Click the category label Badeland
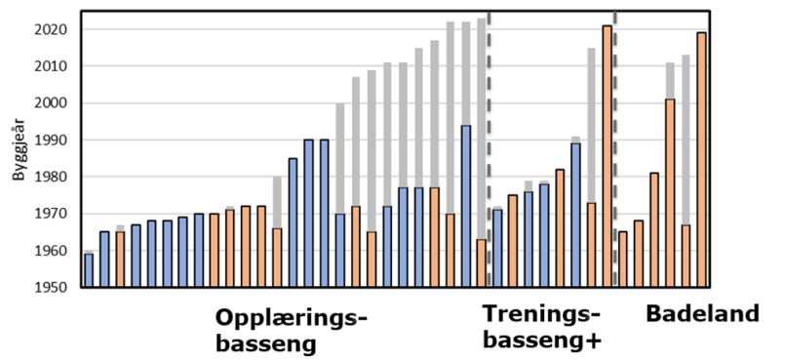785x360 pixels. click(702, 314)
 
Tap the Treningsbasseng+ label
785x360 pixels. click(542, 328)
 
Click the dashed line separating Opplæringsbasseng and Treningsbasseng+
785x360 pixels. click(489, 146)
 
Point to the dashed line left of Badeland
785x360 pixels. click(615, 146)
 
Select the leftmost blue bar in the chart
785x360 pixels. click(89, 270)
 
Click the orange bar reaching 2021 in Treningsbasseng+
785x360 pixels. click(607, 156)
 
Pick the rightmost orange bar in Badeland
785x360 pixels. click(701, 160)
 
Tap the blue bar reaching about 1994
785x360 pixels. click(466, 206)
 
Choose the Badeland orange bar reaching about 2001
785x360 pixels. click(670, 193)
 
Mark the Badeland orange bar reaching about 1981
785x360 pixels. click(654, 229)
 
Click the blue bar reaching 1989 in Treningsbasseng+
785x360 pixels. click(575, 215)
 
